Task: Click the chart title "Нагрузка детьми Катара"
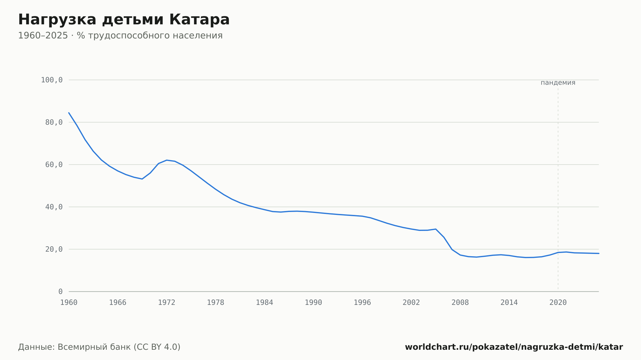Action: coord(124,20)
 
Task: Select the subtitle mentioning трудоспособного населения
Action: coord(120,36)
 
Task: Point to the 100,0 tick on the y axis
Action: coord(52,80)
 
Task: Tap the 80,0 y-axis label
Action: coord(54,122)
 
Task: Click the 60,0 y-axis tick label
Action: coord(54,165)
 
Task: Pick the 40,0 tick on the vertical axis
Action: coord(54,207)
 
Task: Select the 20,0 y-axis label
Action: coord(54,249)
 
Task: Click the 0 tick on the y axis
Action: coord(61,291)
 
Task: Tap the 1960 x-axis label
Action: coord(69,303)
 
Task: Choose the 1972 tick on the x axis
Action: coord(167,303)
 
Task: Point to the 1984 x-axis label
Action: coord(264,303)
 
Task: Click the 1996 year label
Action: coord(362,303)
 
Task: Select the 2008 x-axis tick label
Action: coord(460,303)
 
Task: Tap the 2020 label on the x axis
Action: coord(558,303)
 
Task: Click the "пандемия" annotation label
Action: coord(558,83)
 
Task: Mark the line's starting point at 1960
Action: coord(69,113)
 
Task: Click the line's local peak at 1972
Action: coord(167,160)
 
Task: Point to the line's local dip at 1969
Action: coord(142,179)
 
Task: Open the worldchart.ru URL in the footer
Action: coord(514,347)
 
